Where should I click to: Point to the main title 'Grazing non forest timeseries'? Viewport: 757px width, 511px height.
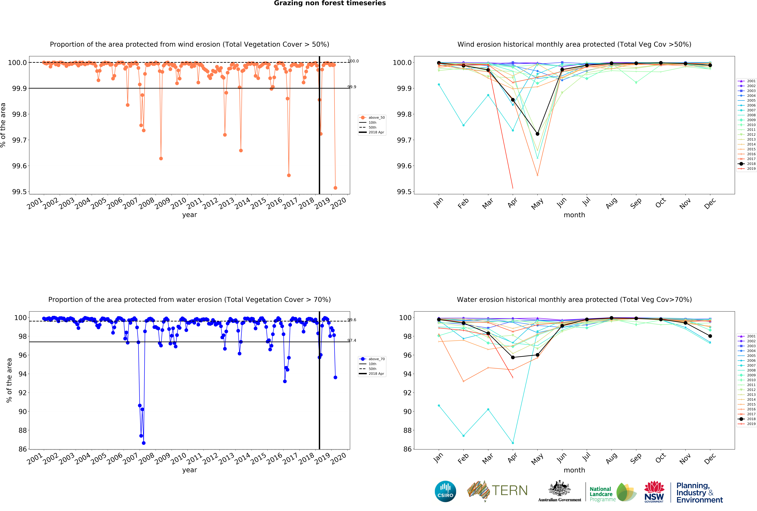point(330,3)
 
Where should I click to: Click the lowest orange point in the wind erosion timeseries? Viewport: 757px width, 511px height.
point(335,188)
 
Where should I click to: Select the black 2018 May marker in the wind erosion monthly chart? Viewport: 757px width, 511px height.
point(537,134)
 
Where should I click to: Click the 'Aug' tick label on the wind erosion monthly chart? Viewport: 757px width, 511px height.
point(611,203)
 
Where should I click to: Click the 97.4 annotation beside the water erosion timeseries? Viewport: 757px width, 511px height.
point(352,340)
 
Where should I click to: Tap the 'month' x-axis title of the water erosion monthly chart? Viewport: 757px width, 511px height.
point(574,470)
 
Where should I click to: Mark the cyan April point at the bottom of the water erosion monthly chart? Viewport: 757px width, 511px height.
point(513,443)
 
